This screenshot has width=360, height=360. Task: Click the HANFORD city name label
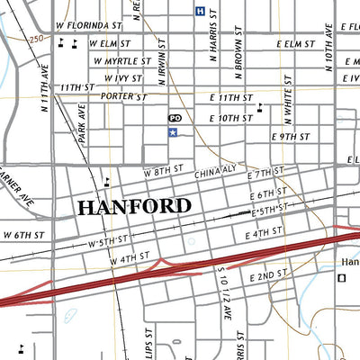point(134,206)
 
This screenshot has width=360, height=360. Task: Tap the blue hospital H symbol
point(199,11)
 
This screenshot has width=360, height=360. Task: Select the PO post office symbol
point(175,118)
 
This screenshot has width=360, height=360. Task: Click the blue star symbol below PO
point(172,132)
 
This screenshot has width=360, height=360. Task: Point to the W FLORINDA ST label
point(88,26)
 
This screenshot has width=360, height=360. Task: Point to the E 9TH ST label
point(290,136)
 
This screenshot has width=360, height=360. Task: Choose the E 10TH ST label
point(231,118)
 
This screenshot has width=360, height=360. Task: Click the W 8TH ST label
point(163,168)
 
